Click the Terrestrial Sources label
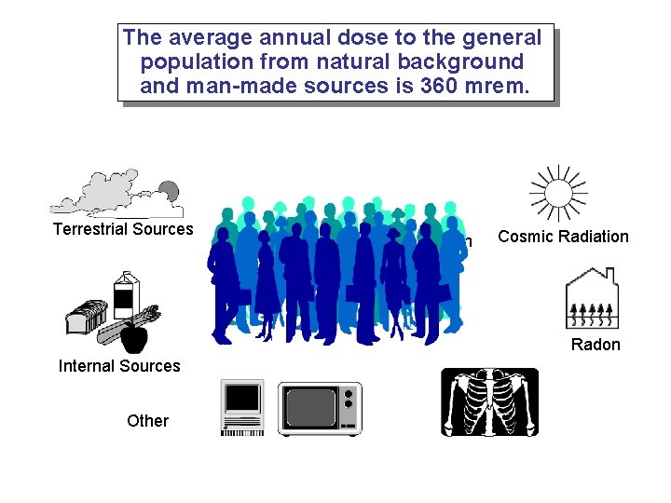point(123,229)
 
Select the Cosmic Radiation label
point(563,237)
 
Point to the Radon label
point(596,345)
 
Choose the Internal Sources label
point(119,366)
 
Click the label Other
point(147,421)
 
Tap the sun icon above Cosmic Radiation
point(557,194)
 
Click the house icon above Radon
point(592,298)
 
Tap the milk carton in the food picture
point(124,294)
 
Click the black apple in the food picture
point(135,337)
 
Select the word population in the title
point(197,62)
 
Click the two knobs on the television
point(349,400)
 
